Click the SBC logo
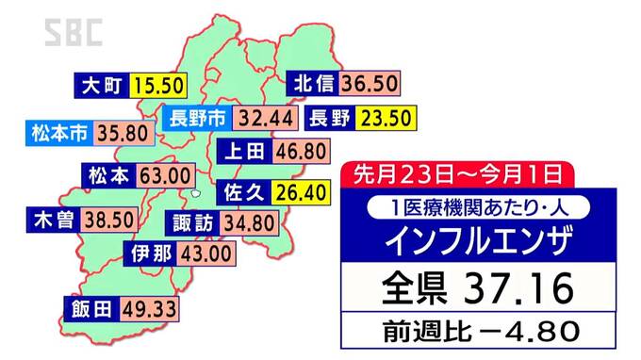(x=73, y=33)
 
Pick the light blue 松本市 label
(x=58, y=134)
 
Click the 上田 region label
(x=243, y=151)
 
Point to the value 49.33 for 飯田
(x=149, y=308)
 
